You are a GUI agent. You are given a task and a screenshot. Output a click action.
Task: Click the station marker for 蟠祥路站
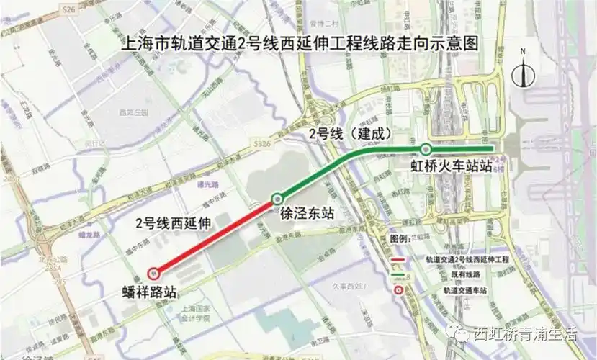click(153, 273)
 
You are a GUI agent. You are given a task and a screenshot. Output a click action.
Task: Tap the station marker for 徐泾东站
click(277, 199)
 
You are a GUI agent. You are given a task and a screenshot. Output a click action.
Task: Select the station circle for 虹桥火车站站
click(426, 150)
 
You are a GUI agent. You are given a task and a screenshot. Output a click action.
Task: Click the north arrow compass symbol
click(524, 71)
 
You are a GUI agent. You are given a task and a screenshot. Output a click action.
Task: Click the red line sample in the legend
click(397, 258)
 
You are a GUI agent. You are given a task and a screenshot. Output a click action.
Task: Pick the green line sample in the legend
click(397, 274)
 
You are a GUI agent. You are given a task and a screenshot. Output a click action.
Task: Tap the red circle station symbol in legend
click(398, 289)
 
